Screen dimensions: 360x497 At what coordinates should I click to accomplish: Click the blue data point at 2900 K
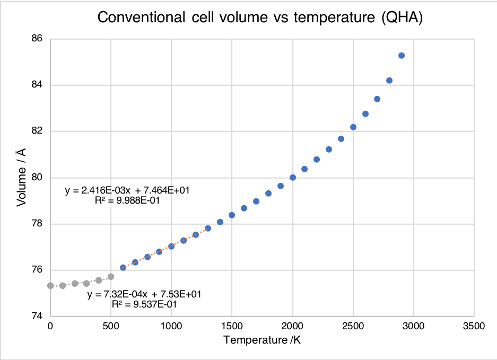(402, 56)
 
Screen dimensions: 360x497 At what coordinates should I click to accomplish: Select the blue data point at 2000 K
(293, 178)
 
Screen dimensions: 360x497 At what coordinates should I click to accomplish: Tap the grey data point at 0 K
(50, 286)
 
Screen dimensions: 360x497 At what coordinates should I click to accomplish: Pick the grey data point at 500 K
(111, 277)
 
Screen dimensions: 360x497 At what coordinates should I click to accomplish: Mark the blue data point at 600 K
(123, 268)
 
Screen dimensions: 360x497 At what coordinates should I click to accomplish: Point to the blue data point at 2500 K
(353, 127)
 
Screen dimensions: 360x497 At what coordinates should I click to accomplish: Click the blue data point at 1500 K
(232, 215)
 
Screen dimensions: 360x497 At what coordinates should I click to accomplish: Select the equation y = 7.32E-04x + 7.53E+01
(144, 295)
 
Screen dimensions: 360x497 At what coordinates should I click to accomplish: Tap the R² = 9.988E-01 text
(127, 201)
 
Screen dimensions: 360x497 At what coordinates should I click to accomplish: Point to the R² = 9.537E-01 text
(144, 305)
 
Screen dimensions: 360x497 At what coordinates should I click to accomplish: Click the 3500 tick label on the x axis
(474, 326)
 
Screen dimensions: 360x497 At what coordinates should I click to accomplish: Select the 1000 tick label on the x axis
(171, 326)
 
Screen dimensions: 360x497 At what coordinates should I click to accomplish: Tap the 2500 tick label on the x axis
(353, 326)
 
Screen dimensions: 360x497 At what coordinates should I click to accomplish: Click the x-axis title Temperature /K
(262, 340)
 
